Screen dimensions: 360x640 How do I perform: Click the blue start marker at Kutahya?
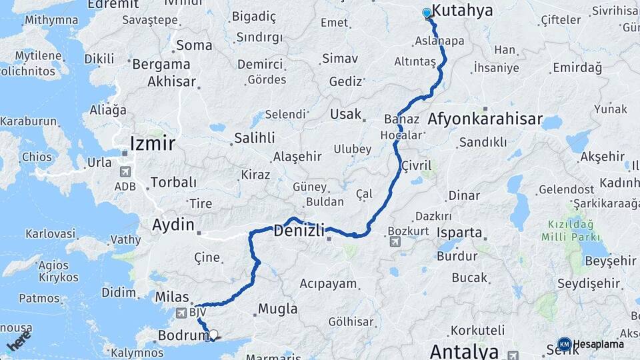click(x=427, y=13)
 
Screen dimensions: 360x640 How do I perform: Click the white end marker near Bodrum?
click(x=213, y=335)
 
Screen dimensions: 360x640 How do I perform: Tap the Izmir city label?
click(x=153, y=143)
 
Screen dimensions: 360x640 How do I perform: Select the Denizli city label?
click(x=299, y=231)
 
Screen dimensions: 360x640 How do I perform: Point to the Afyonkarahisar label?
click(x=485, y=119)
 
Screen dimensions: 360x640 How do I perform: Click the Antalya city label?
click(x=464, y=351)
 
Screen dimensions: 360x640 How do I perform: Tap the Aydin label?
click(x=173, y=225)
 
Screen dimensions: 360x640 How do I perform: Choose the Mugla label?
click(x=277, y=309)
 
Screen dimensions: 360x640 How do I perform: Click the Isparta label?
click(x=459, y=233)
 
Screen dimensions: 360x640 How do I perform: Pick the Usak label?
click(x=345, y=114)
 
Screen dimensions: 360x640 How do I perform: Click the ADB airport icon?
click(x=124, y=171)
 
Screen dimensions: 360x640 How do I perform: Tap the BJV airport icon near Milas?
click(x=181, y=312)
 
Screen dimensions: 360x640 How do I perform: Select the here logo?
click(x=19, y=341)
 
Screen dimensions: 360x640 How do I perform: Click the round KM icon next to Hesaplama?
click(x=564, y=344)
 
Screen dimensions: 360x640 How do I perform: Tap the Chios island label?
click(x=36, y=157)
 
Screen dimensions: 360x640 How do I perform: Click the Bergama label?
click(x=161, y=65)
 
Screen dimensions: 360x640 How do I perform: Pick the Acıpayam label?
click(x=328, y=283)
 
